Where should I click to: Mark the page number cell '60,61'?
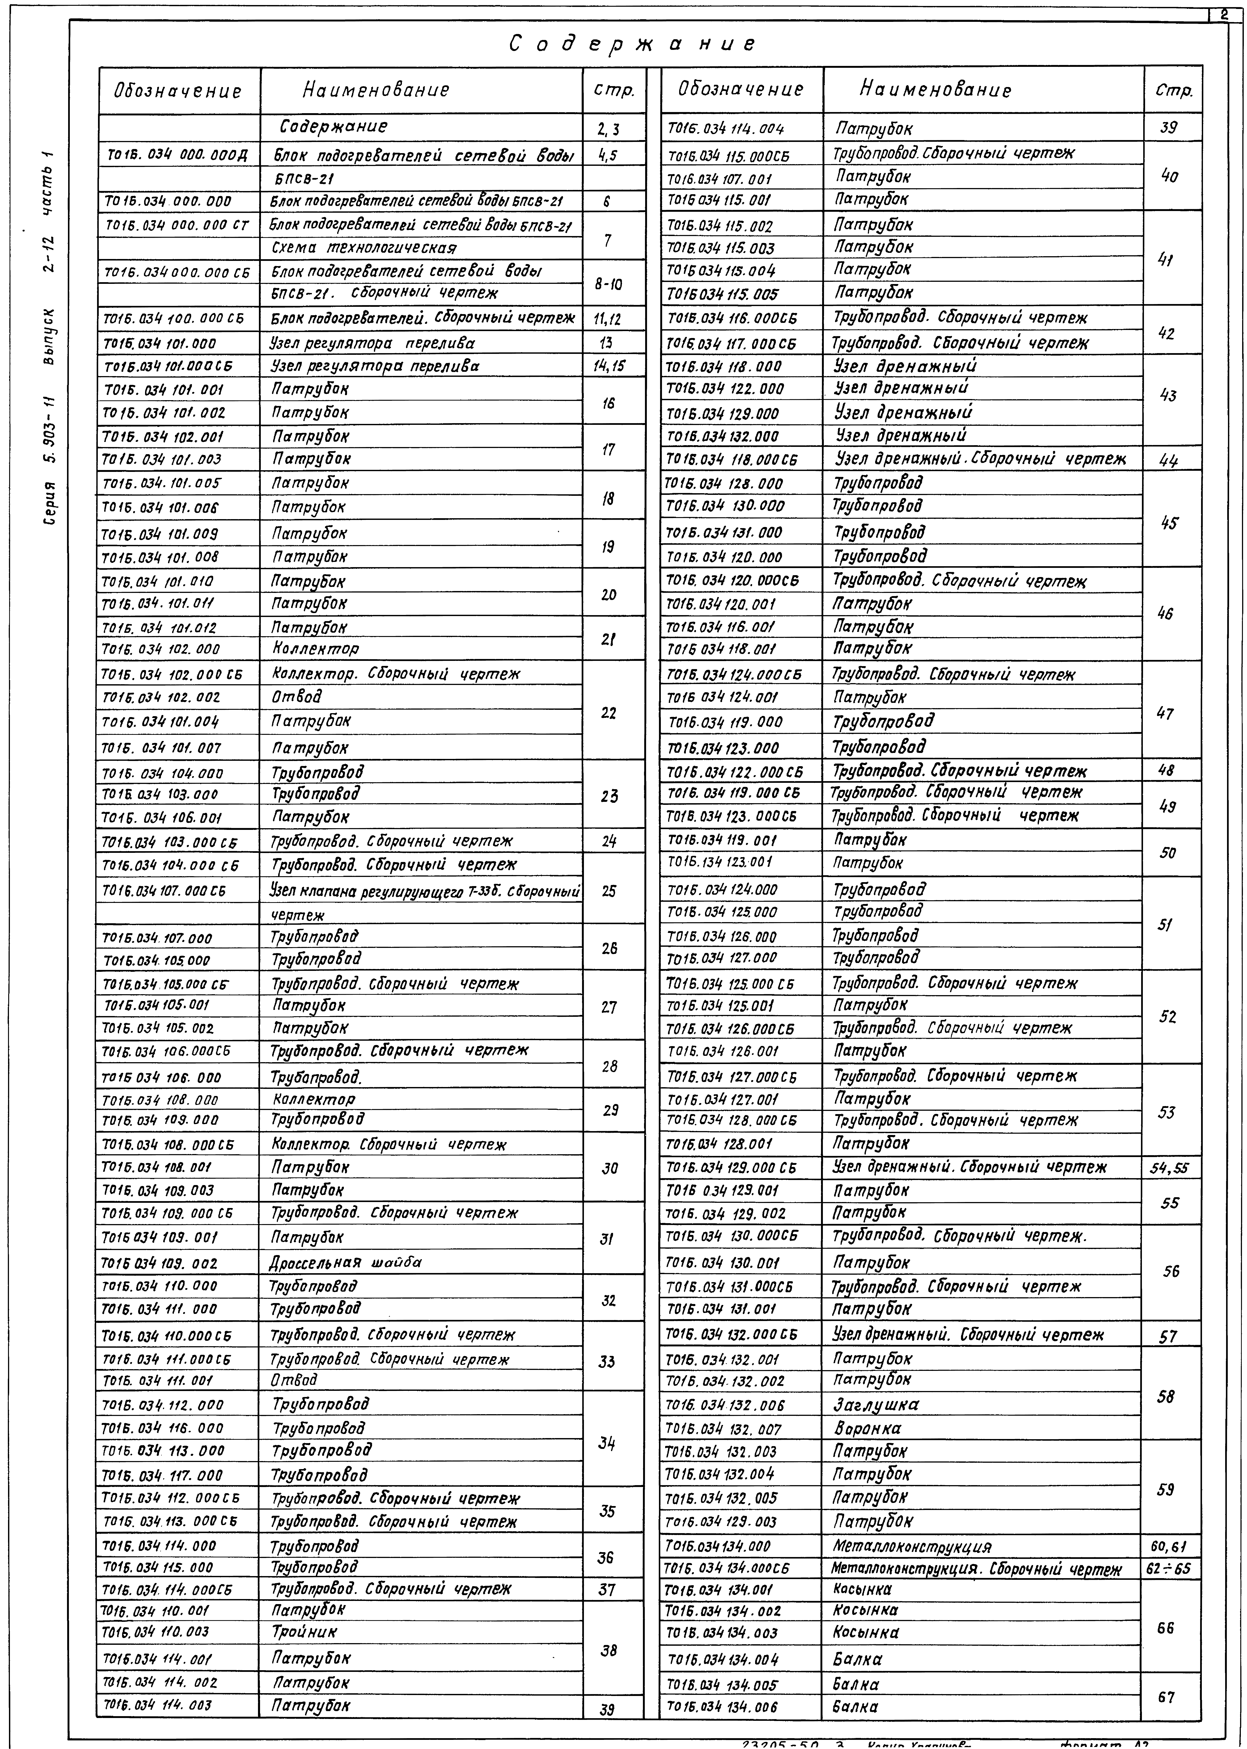pyautogui.click(x=1169, y=1546)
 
